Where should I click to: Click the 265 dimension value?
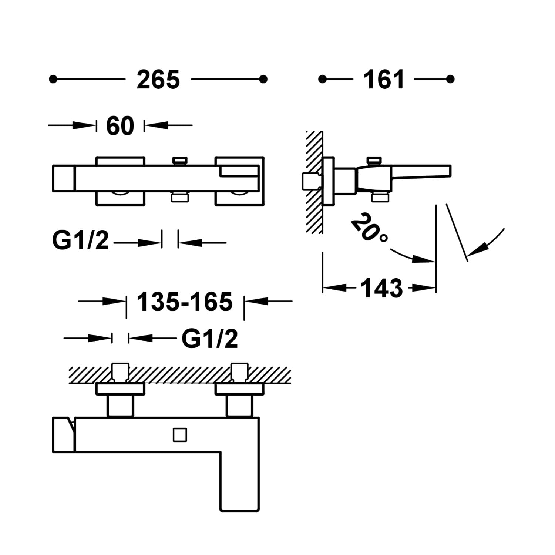[x=158, y=80]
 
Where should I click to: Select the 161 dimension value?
[x=384, y=80]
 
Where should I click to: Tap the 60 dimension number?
[x=120, y=126]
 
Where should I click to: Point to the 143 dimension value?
[x=381, y=288]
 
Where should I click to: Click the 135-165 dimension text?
[x=185, y=302]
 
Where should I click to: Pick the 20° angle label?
[x=369, y=227]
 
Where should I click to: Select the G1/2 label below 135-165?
[x=209, y=339]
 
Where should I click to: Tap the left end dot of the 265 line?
[x=53, y=79]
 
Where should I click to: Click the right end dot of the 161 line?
[x=450, y=79]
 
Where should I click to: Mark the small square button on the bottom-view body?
[x=180, y=435]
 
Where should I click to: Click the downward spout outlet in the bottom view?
[x=240, y=496]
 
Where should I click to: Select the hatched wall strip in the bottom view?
[x=178, y=375]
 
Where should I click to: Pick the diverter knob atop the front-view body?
[x=180, y=161]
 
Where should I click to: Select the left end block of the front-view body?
[x=64, y=178]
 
